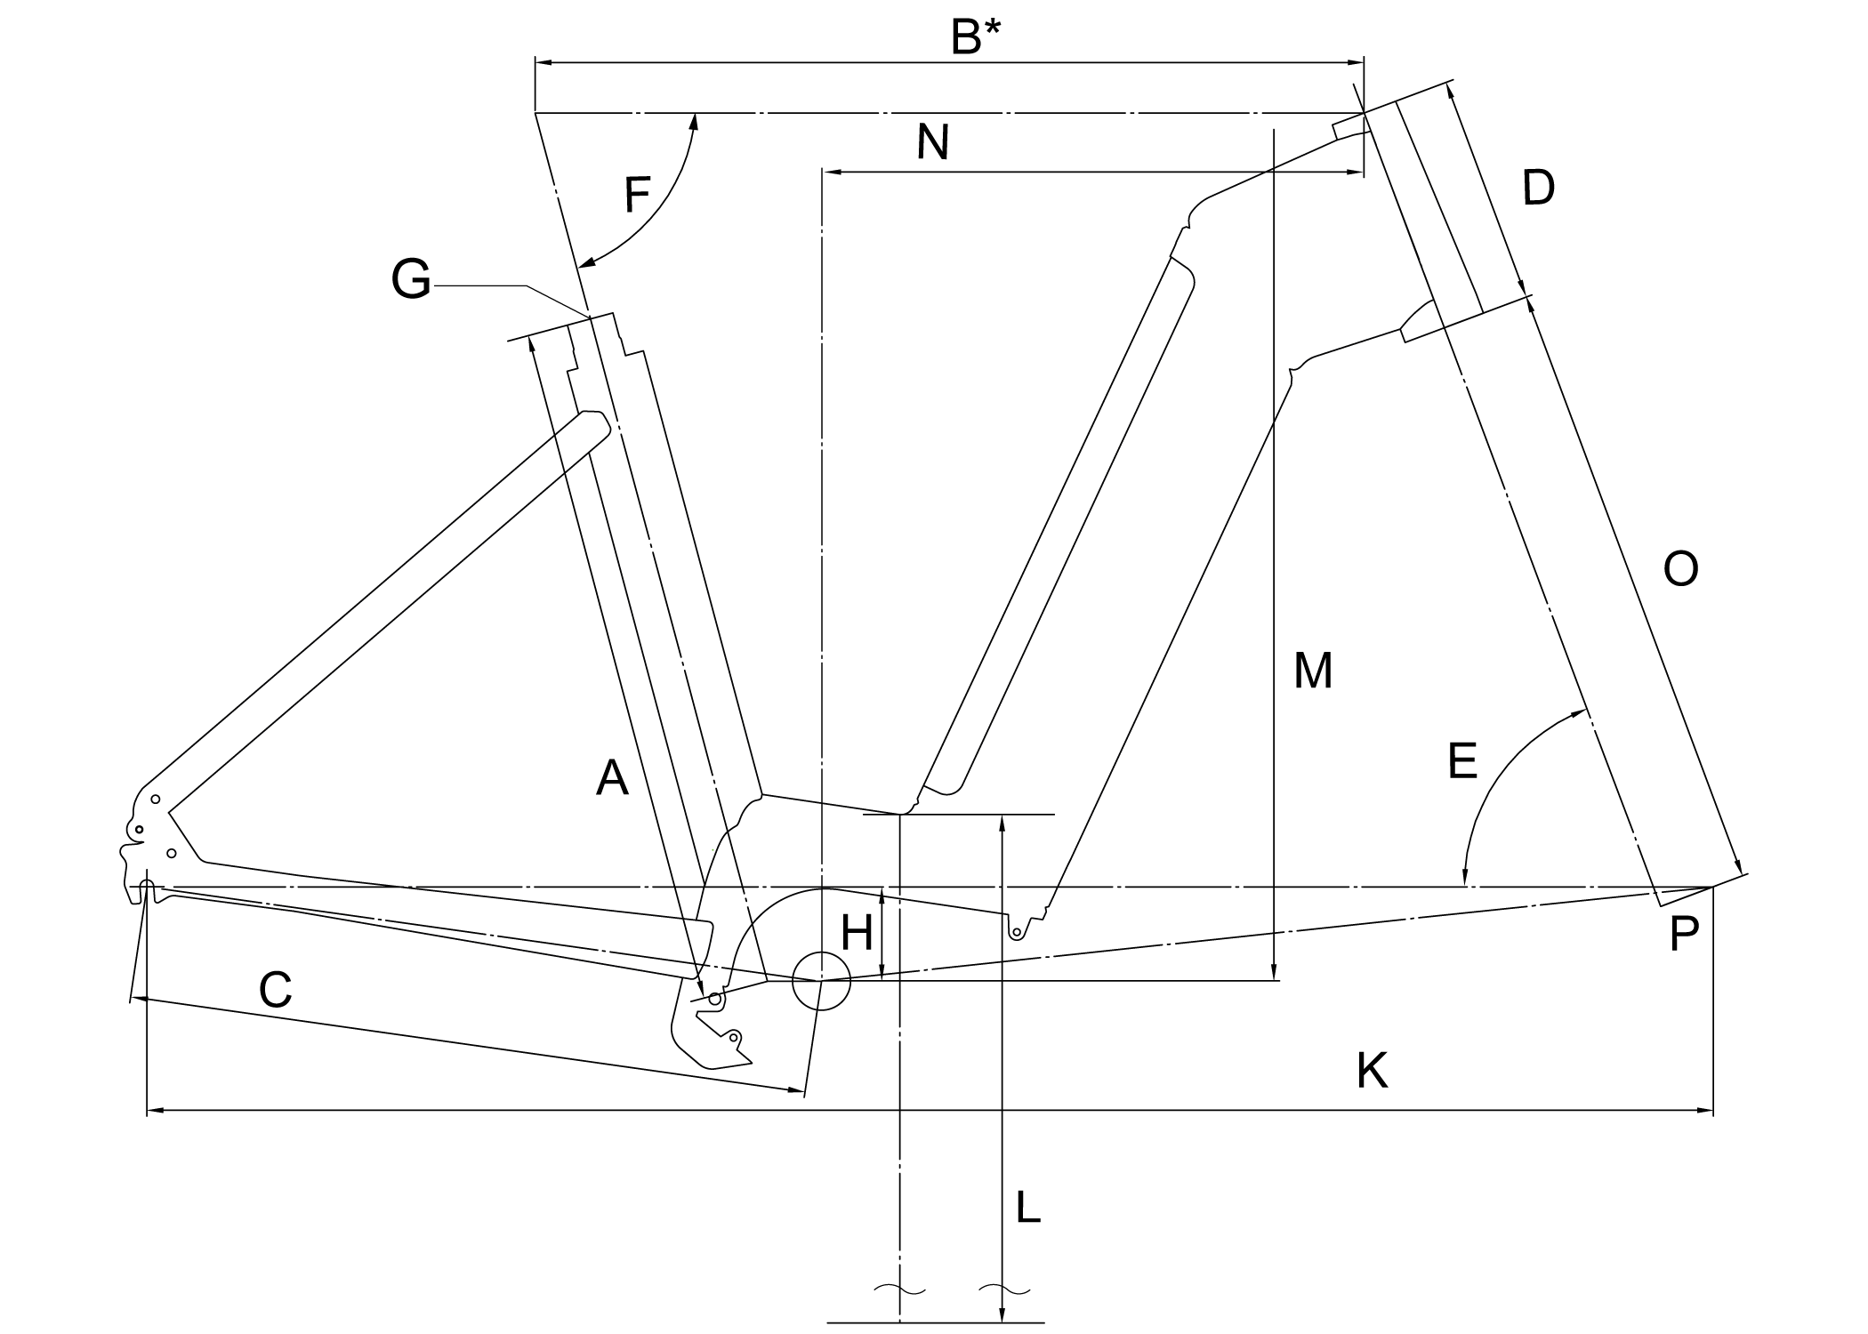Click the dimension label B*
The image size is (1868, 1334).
pos(976,37)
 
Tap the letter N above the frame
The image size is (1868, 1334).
pos(933,142)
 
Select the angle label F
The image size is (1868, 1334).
pos(637,195)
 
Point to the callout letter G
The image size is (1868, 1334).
pos(411,279)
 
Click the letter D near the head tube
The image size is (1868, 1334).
pos(1538,189)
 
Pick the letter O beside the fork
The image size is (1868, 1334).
pos(1680,569)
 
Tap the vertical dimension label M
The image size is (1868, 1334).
pos(1313,671)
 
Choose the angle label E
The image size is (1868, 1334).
pos(1462,761)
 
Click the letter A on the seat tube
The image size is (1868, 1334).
pos(612,778)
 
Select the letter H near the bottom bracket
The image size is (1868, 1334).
pos(857,934)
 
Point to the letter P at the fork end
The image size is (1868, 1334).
pos(1684,936)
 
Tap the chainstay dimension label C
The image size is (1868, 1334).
pos(276,989)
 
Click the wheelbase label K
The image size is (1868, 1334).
pos(1372,1071)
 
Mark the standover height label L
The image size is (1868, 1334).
pos(1027,1208)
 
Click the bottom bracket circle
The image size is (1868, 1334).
pos(821,980)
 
